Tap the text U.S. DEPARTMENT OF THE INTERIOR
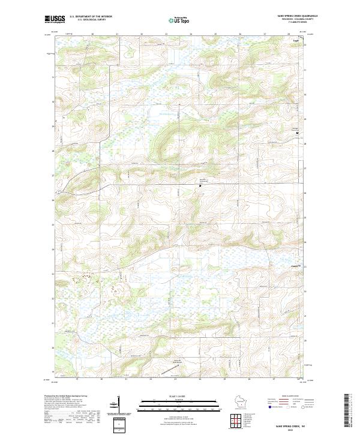coord(91,16)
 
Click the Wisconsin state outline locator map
coord(241,404)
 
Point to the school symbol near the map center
coord(200,185)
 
